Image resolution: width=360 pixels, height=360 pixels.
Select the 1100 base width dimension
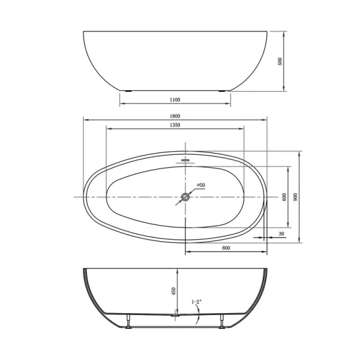(175, 100)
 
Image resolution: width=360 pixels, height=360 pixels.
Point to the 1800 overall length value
(175, 116)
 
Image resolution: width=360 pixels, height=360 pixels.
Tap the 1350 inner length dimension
(175, 125)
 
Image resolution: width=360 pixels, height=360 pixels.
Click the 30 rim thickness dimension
(281, 233)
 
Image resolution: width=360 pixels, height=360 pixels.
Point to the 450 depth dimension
(174, 291)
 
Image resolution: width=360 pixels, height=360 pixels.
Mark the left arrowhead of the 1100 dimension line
(122, 103)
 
